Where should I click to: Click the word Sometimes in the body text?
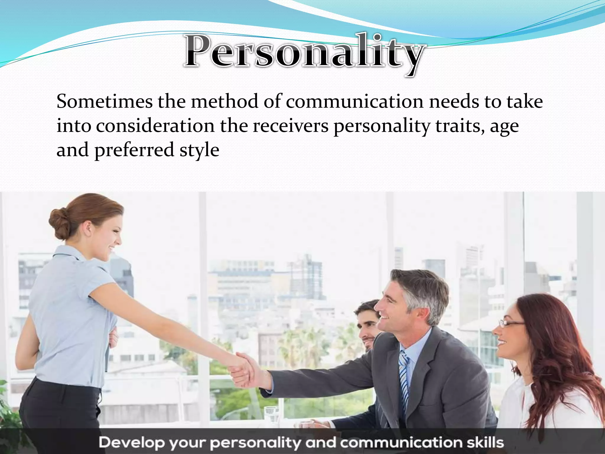click(x=104, y=102)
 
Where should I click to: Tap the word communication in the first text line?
click(x=354, y=102)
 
